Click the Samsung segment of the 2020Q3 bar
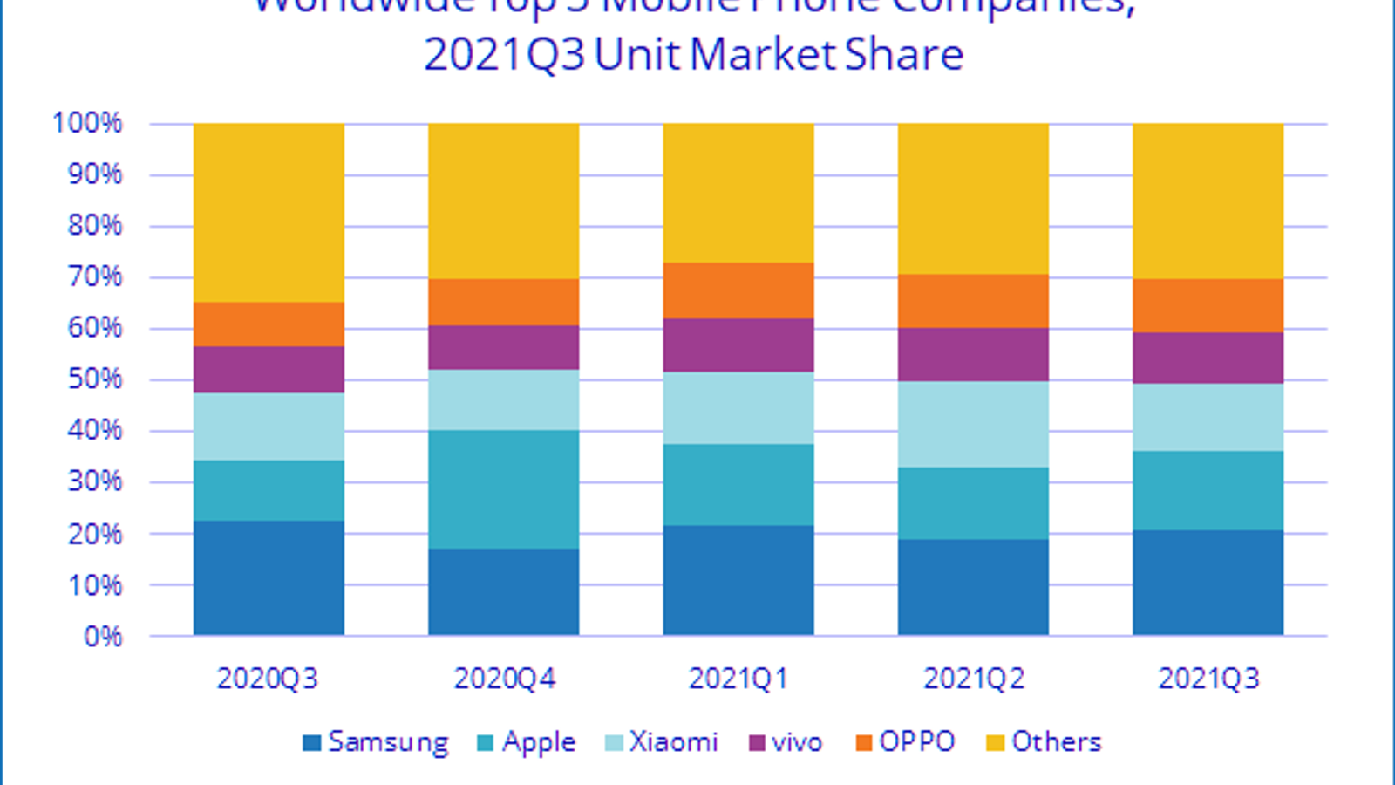click(x=269, y=577)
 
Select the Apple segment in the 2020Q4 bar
click(x=503, y=488)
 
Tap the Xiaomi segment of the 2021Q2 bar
click(x=973, y=424)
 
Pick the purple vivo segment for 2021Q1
click(x=738, y=345)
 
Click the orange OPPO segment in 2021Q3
click(x=1208, y=305)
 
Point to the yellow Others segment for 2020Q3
click(x=269, y=212)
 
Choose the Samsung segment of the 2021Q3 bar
click(x=1208, y=582)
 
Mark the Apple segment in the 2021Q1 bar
click(x=738, y=484)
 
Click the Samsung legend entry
click(x=376, y=742)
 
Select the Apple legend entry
click(x=527, y=742)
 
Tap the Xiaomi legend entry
click(x=662, y=742)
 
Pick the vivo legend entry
click(x=786, y=742)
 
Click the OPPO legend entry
click(x=906, y=742)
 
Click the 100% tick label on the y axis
click(x=87, y=123)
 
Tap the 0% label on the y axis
click(x=103, y=636)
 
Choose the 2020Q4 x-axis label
click(x=504, y=679)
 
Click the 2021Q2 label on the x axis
click(x=974, y=679)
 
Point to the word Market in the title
click(x=763, y=55)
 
